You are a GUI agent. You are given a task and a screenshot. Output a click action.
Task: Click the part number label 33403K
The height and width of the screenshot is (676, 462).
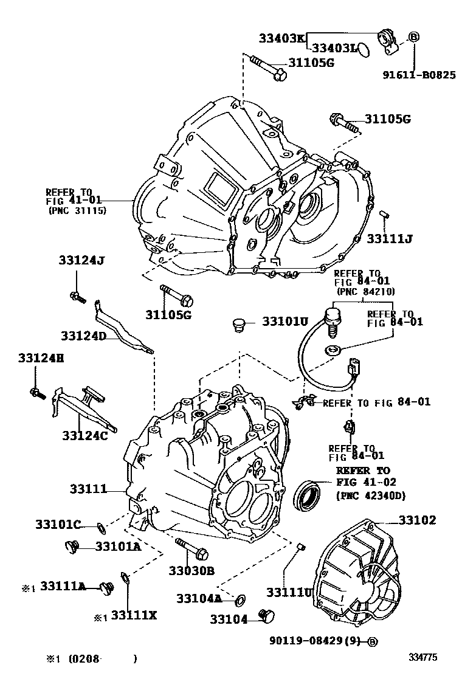pos(281,38)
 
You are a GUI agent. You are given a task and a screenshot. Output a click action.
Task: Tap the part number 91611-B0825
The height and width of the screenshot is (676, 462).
pos(419,75)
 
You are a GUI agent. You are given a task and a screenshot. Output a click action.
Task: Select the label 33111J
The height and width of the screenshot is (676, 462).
pos(390,238)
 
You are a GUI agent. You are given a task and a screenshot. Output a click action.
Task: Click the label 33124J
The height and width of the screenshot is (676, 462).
pos(82,260)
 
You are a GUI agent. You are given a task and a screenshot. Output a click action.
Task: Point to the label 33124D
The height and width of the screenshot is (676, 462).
pos(83,336)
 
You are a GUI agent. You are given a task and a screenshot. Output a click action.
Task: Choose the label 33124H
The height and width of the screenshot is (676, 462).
pos(41,359)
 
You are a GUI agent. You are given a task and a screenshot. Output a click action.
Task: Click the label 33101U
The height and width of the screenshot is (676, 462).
pos(286,320)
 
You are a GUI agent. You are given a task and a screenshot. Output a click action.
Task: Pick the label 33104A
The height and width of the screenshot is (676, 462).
pos(199,598)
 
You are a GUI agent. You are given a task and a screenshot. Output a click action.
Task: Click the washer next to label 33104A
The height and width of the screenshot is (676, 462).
pos(240,600)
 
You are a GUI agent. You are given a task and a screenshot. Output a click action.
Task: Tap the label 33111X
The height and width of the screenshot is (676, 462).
pos(134,616)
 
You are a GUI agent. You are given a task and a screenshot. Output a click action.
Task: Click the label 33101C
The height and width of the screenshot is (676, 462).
pos(58,524)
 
